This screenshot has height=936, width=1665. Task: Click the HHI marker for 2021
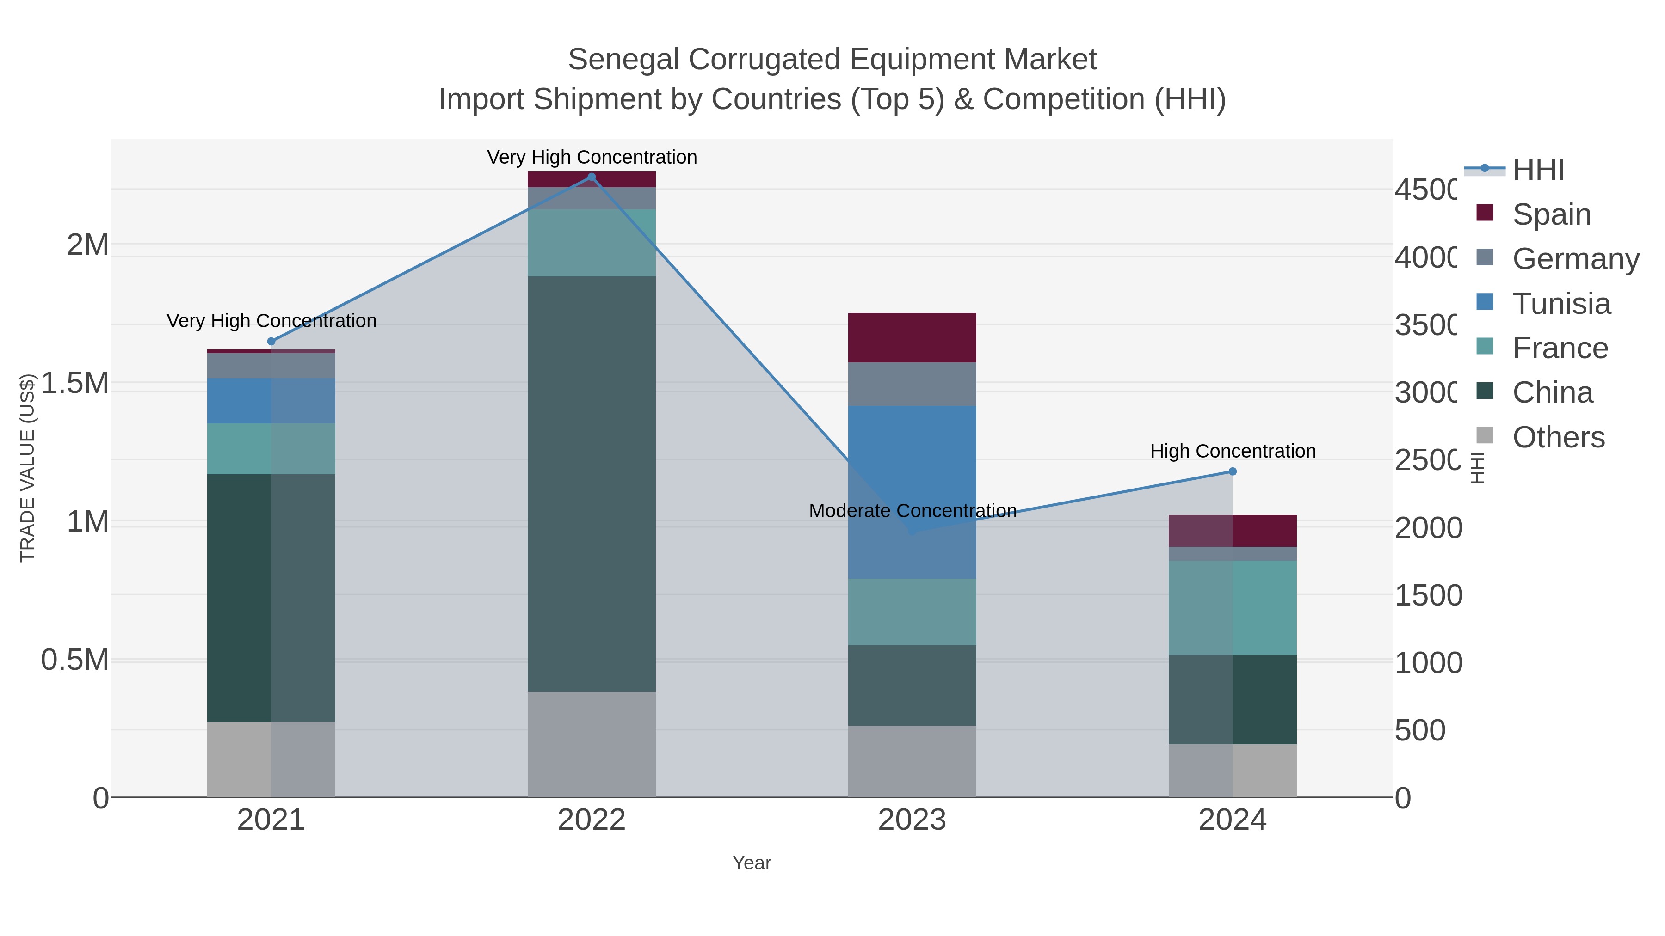(271, 341)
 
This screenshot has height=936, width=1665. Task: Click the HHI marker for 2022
(592, 177)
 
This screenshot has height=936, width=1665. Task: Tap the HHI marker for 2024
(1232, 471)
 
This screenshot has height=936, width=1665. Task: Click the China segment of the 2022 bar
(592, 484)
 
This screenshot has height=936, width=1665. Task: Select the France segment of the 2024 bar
(1232, 607)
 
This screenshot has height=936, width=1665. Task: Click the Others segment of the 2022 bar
(592, 744)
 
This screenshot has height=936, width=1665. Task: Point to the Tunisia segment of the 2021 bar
(271, 400)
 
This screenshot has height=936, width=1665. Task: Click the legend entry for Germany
(1575, 259)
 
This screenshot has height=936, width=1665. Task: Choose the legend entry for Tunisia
(1561, 304)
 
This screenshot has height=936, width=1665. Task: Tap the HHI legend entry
(1538, 170)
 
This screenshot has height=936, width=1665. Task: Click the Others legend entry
(1558, 437)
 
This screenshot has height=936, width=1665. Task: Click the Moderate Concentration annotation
(912, 511)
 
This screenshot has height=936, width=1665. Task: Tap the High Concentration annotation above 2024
(1233, 451)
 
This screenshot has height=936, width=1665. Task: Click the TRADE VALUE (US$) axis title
(27, 468)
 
